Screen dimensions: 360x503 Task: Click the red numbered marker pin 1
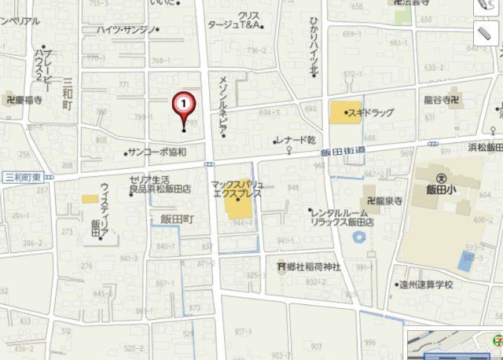point(183,104)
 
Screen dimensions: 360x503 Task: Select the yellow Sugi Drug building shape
point(340,112)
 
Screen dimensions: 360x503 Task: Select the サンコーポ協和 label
point(158,152)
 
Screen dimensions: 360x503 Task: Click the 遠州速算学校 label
point(428,285)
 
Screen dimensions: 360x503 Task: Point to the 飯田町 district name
point(176,219)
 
